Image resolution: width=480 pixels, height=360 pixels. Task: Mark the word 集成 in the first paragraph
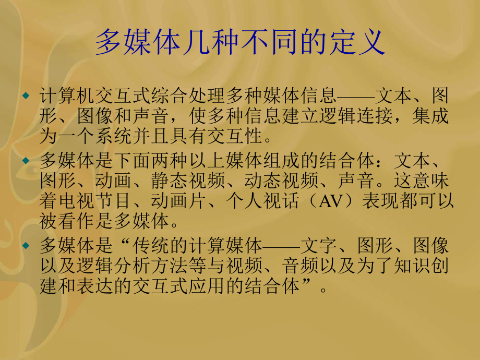pos(435,116)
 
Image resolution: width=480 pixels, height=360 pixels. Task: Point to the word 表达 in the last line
pos(123,285)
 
